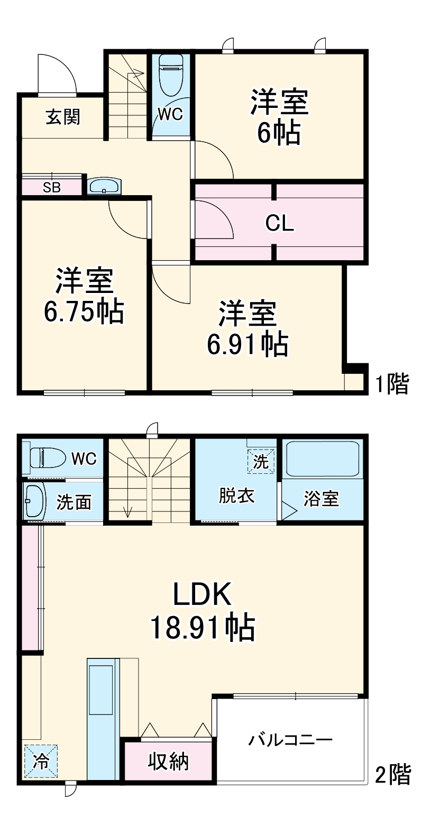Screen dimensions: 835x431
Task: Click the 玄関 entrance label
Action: click(x=63, y=116)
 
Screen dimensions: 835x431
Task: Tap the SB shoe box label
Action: click(x=52, y=187)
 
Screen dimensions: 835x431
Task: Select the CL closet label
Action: click(x=279, y=223)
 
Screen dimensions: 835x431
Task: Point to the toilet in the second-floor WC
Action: click(x=47, y=457)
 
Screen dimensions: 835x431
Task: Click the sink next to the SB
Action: click(x=104, y=186)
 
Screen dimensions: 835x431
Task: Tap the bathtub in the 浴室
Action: click(x=322, y=459)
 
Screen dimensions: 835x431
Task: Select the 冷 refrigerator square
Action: click(x=41, y=761)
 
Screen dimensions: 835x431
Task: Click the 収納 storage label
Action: click(x=168, y=761)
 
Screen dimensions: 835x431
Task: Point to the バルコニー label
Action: click(x=290, y=739)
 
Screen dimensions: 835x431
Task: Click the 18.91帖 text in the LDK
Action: click(x=203, y=628)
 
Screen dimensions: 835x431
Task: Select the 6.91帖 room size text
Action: click(x=247, y=344)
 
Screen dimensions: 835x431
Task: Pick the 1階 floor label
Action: click(x=392, y=384)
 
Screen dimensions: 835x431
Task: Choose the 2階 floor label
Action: click(x=393, y=775)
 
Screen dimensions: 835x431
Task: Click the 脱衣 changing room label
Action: click(x=236, y=496)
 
